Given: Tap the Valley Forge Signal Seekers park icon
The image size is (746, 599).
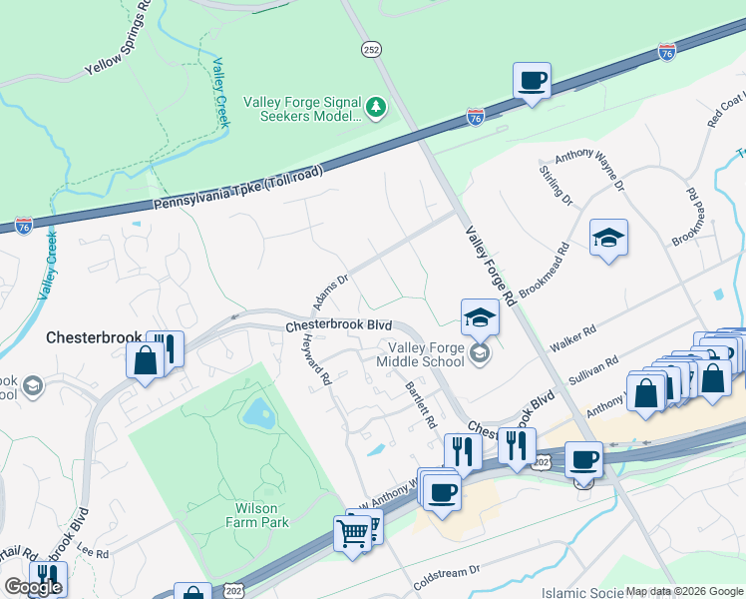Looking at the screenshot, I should click(376, 106).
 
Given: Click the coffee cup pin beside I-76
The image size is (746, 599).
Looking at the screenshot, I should click(533, 81).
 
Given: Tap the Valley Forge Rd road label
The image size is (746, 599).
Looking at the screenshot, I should click(491, 266).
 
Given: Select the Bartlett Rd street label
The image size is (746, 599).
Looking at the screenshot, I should click(421, 404).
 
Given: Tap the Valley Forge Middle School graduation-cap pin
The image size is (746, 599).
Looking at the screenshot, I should click(480, 318).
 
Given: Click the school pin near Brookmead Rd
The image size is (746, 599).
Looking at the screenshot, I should click(608, 239).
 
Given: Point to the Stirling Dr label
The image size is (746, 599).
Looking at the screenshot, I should click(556, 187).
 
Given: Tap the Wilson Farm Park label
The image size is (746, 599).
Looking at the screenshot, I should click(256, 515).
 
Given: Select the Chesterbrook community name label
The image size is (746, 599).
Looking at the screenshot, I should click(96, 338).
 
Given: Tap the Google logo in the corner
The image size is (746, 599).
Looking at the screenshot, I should click(33, 587).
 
